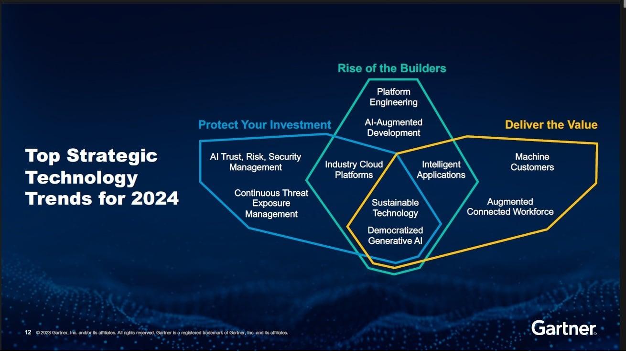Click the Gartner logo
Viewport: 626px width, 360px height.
click(x=564, y=328)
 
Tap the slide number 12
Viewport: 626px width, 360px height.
click(x=28, y=332)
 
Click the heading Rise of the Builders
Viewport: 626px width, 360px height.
click(x=392, y=68)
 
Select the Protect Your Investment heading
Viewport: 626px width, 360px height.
click(x=264, y=125)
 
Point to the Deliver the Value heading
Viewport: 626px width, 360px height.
click(x=551, y=125)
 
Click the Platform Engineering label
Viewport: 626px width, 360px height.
click(x=393, y=97)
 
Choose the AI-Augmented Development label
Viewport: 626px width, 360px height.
click(x=393, y=128)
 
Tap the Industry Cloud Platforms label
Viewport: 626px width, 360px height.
click(x=354, y=170)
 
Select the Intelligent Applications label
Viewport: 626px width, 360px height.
click(x=441, y=170)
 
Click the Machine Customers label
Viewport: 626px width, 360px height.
click(x=532, y=162)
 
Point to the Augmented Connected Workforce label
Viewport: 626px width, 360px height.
click(x=510, y=207)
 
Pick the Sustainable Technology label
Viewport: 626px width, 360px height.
click(x=395, y=208)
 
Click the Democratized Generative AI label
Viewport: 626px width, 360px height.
click(x=395, y=236)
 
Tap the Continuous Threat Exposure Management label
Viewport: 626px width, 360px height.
click(x=271, y=204)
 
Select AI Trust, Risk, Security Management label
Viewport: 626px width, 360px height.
click(x=256, y=162)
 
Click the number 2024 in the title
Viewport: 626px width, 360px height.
click(x=154, y=198)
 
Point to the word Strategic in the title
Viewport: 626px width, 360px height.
click(x=112, y=156)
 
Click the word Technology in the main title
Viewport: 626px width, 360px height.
click(x=81, y=178)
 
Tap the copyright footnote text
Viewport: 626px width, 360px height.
click(x=162, y=333)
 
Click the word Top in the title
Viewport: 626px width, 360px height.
click(x=43, y=156)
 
